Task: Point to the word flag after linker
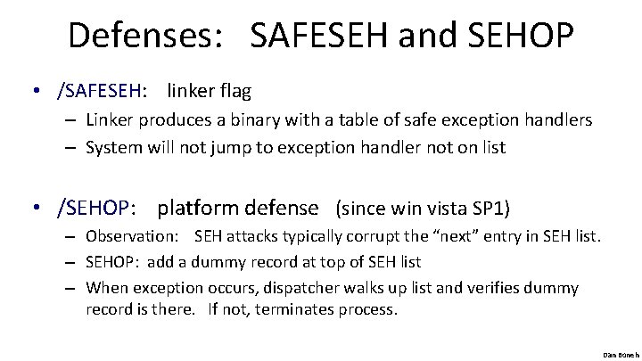[234, 90]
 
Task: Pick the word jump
[226, 147]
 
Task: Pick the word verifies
[505, 288]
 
